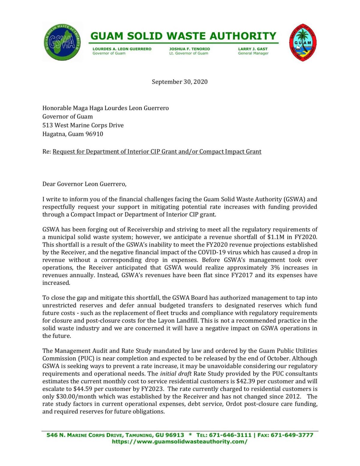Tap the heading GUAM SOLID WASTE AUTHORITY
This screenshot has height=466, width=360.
183,36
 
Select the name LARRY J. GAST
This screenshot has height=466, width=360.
253,49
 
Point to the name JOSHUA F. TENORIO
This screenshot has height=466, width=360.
189,49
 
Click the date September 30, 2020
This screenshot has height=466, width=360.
179,82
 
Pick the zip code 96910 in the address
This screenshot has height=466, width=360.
94,134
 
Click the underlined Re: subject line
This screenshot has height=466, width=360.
157,152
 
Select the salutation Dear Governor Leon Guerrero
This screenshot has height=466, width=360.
84,184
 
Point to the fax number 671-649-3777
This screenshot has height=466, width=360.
292,435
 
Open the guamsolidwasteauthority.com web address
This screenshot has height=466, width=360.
179,442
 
